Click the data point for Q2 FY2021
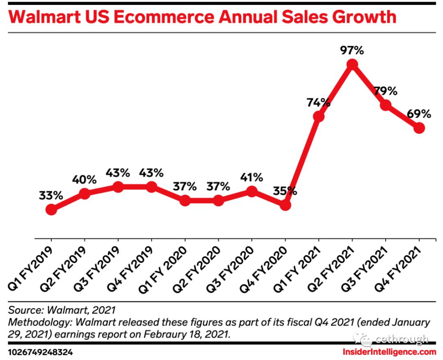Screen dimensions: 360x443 click(352, 64)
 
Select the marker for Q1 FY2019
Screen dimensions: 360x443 click(51, 210)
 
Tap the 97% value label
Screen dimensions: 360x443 click(352, 51)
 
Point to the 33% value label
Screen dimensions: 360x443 click(51, 196)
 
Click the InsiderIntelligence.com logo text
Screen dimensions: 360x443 click(389, 351)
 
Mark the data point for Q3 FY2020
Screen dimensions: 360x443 click(251, 191)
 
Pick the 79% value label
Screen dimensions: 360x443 click(385, 91)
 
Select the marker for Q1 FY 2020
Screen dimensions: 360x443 click(185, 201)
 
